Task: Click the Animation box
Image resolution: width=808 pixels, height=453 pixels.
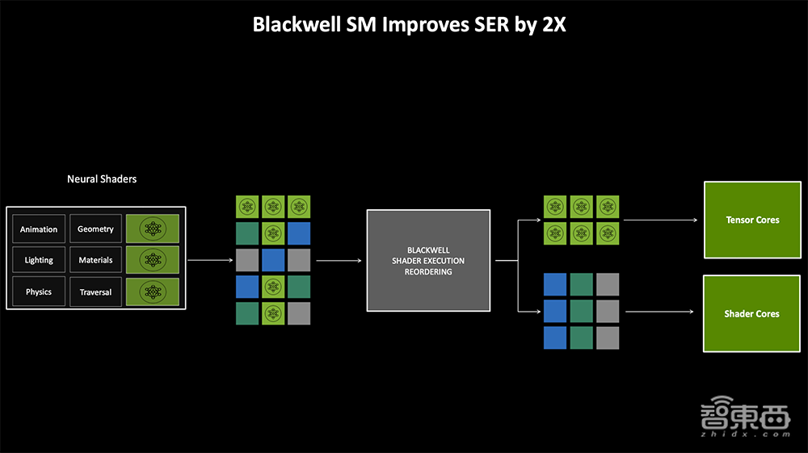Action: [x=39, y=229]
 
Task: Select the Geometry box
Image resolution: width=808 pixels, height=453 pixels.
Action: [x=95, y=229]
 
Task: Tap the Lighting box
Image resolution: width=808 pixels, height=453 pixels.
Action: [x=39, y=260]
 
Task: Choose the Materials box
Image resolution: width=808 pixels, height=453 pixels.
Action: [x=95, y=260]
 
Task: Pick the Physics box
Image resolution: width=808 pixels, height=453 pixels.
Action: [x=39, y=292]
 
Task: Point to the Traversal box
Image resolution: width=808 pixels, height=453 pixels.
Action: [x=95, y=292]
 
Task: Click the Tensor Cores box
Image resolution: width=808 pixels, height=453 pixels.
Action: [x=751, y=220]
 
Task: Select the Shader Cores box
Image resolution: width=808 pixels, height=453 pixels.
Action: [x=751, y=313]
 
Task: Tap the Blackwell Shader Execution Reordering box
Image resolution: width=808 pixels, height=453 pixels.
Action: [x=428, y=261]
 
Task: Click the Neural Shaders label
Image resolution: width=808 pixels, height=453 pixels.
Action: [x=102, y=178]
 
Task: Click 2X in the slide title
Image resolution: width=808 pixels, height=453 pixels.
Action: [x=553, y=24]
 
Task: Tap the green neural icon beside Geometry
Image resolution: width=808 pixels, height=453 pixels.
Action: [x=154, y=229]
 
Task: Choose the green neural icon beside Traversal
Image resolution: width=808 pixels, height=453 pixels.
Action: [x=154, y=292]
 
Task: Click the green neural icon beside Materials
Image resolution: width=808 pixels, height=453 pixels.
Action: [x=154, y=260]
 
